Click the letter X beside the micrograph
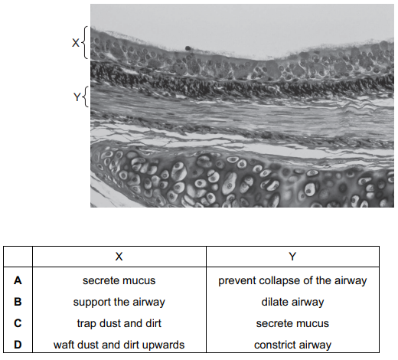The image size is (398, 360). pyautogui.click(x=76, y=43)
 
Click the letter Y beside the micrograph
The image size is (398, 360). pyautogui.click(x=77, y=97)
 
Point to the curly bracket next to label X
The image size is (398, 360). pyautogui.click(x=85, y=42)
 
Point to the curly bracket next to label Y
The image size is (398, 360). pyautogui.click(x=86, y=97)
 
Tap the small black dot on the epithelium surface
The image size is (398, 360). pyautogui.click(x=188, y=47)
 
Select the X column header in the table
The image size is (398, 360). pyautogui.click(x=119, y=257)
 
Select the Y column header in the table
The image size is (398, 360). pyautogui.click(x=292, y=257)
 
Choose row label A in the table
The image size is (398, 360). pyautogui.click(x=18, y=280)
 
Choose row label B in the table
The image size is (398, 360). pyautogui.click(x=18, y=302)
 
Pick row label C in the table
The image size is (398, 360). pyautogui.click(x=18, y=323)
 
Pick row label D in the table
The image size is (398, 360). pyautogui.click(x=18, y=345)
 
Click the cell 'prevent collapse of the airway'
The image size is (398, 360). pyautogui.click(x=292, y=281)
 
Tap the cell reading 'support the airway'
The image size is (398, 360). pyautogui.click(x=119, y=303)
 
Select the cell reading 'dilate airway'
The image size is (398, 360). pyautogui.click(x=292, y=303)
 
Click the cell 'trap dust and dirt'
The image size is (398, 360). pyautogui.click(x=119, y=323)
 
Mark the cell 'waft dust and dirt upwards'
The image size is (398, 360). pyautogui.click(x=119, y=345)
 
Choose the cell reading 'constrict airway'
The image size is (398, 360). pyautogui.click(x=292, y=345)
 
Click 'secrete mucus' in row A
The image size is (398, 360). pyautogui.click(x=119, y=281)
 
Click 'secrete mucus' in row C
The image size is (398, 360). pyautogui.click(x=292, y=324)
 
